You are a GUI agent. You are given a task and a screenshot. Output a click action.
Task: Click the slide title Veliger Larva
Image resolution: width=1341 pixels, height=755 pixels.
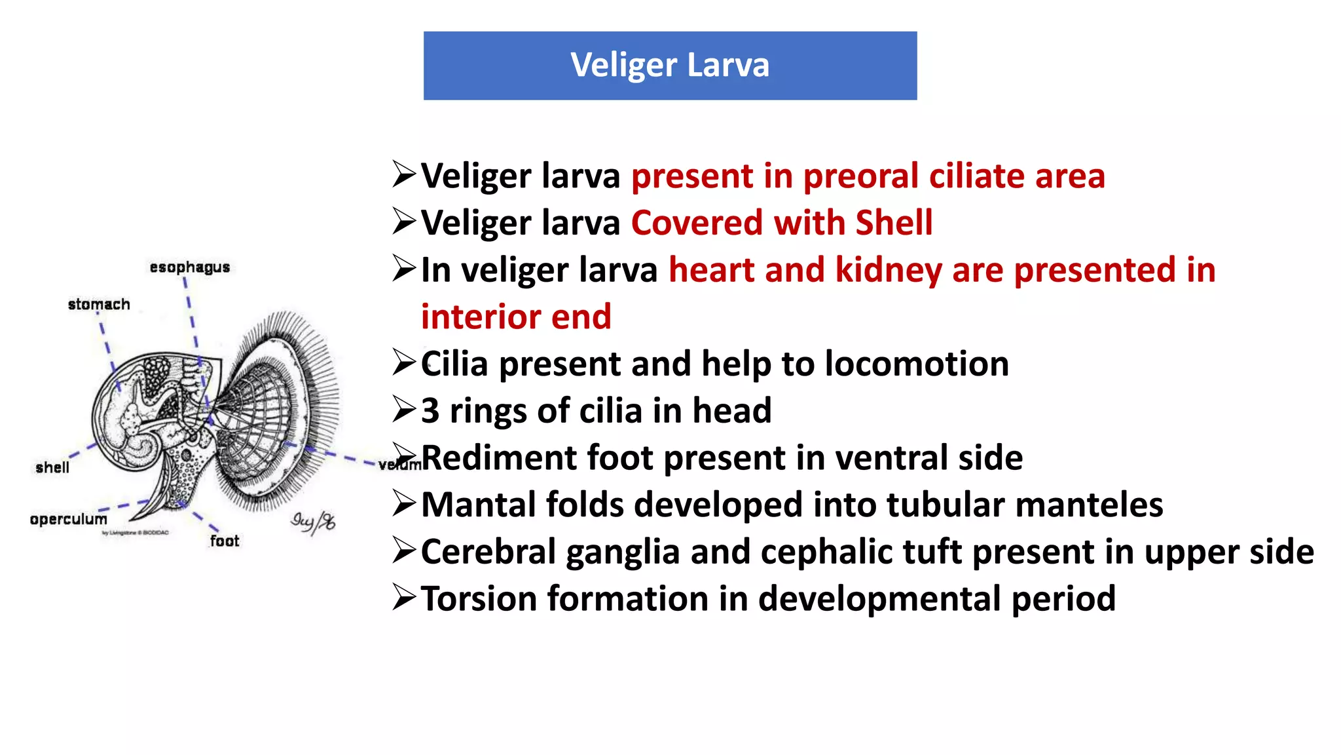pyautogui.click(x=669, y=65)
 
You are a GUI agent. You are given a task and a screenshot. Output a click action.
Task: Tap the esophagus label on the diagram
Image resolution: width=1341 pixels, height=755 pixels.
pyautogui.click(x=190, y=267)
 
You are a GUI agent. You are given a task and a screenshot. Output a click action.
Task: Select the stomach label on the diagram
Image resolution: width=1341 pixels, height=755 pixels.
pyautogui.click(x=99, y=304)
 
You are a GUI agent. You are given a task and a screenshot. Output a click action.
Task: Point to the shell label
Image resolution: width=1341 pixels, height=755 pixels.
pyautogui.click(x=52, y=467)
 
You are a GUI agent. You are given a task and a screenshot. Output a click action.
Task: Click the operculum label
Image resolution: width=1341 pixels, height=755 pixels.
pyautogui.click(x=68, y=519)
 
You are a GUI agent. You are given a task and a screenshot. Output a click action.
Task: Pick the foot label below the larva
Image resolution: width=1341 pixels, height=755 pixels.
pyautogui.click(x=225, y=541)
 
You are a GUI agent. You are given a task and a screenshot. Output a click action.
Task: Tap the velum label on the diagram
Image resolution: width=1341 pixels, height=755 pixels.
pyautogui.click(x=397, y=465)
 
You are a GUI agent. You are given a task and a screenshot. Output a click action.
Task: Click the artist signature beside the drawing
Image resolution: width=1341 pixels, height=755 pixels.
pyautogui.click(x=313, y=522)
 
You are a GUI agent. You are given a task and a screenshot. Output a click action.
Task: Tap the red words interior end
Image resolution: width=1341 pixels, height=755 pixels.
pyautogui.click(x=516, y=317)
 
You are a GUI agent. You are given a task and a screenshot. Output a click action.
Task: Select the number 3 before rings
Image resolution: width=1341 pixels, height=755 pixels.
pyautogui.click(x=430, y=411)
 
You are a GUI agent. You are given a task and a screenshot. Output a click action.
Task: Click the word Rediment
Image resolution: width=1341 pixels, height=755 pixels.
pyautogui.click(x=498, y=457)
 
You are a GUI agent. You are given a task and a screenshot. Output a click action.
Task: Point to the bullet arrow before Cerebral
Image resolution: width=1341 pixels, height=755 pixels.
pyautogui.click(x=404, y=551)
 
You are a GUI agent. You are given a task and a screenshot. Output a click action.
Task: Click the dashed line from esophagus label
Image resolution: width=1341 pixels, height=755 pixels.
pyautogui.click(x=191, y=315)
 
